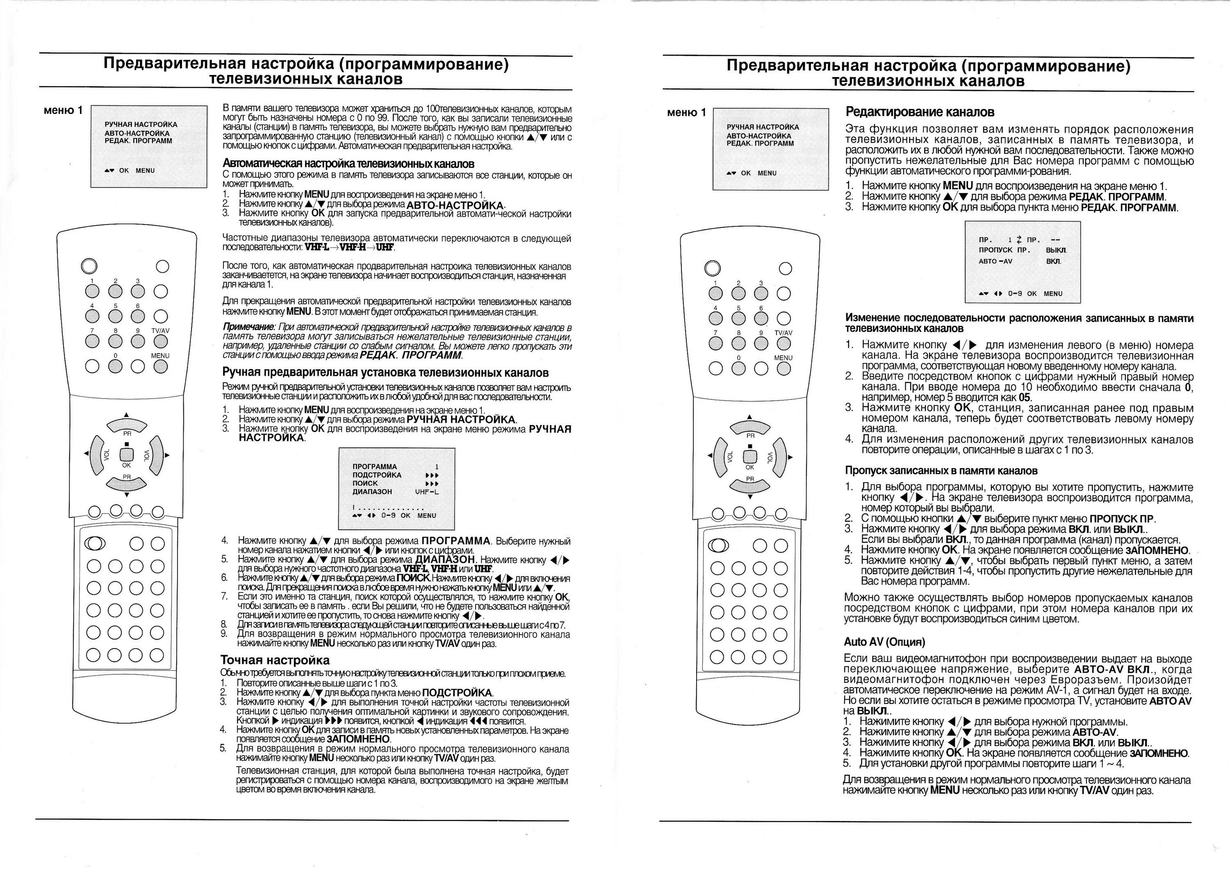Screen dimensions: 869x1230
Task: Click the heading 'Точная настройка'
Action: tap(275, 660)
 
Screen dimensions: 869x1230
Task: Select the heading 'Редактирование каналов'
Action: tap(920, 112)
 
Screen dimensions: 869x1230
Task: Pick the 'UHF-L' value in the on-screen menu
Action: tap(426, 492)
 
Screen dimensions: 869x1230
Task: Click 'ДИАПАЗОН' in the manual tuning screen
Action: tap(372, 492)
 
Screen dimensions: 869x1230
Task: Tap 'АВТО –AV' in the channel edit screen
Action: tap(995, 261)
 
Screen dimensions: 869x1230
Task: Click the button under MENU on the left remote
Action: tap(161, 366)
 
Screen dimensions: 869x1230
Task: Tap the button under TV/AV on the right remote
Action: tap(784, 343)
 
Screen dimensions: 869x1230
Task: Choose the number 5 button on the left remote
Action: tap(115, 316)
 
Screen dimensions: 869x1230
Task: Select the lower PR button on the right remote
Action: tap(750, 485)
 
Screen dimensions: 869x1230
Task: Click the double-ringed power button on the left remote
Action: tap(89, 266)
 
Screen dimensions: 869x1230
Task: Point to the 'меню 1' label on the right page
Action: tap(686, 112)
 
